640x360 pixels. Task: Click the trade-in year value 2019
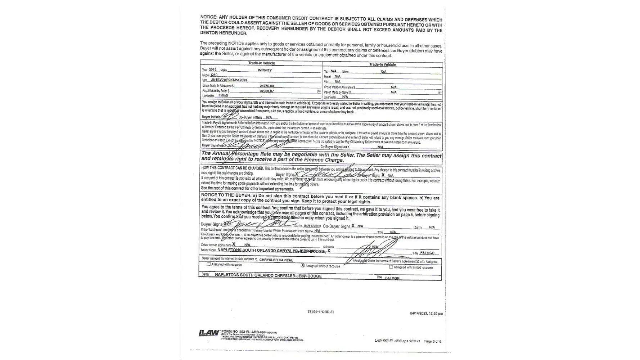[x=212, y=70]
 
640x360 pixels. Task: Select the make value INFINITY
[x=265, y=71]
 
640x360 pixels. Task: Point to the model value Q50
[x=214, y=75]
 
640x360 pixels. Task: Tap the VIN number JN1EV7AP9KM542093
[x=229, y=80]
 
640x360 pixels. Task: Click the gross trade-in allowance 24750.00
[x=267, y=86]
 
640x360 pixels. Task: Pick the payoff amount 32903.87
[x=267, y=91]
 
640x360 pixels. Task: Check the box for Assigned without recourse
[x=303, y=266]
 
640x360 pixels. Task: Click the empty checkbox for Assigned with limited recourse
[x=391, y=267]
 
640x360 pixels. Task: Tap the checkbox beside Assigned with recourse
[x=208, y=264]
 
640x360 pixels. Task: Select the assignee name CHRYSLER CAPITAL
[x=276, y=260]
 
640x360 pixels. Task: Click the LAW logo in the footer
[x=209, y=333]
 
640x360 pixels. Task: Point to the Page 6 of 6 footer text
[x=432, y=341]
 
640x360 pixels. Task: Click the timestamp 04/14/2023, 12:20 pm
[x=426, y=314]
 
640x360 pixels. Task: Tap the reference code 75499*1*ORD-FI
[x=320, y=312]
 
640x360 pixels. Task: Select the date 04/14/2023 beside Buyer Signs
[x=312, y=226]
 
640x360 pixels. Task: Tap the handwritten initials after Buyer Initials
[x=229, y=116]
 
